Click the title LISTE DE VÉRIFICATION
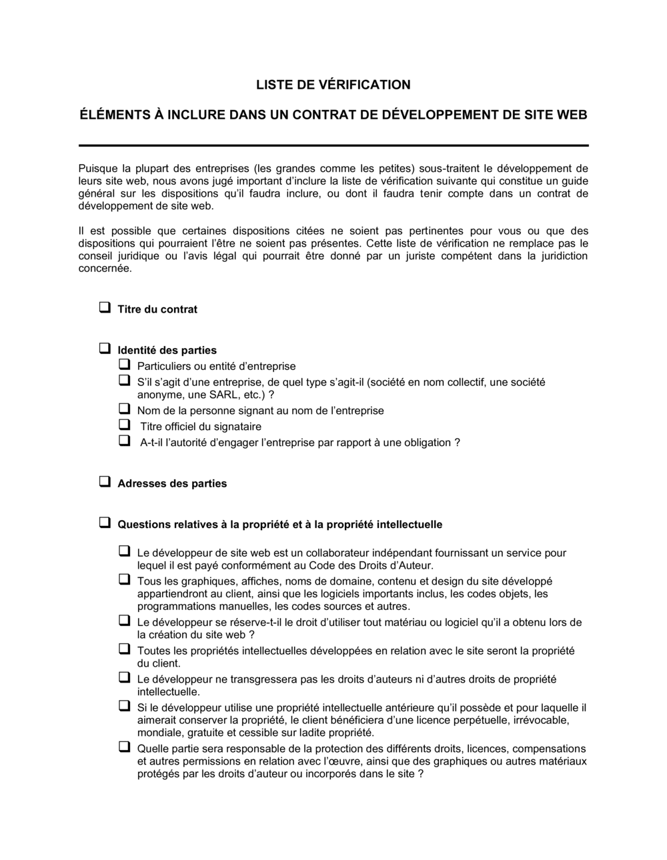coord(333,85)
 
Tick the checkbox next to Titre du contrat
coord(105,308)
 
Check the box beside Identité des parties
coord(105,349)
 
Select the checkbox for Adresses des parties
coord(105,483)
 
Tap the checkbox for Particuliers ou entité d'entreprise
coord(124,365)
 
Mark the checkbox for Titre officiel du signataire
coord(124,425)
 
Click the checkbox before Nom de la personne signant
coord(124,409)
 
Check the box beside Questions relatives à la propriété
coord(105,523)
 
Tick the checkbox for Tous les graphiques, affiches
coord(124,580)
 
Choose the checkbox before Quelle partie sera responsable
coord(124,747)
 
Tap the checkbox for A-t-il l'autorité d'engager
coord(124,441)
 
